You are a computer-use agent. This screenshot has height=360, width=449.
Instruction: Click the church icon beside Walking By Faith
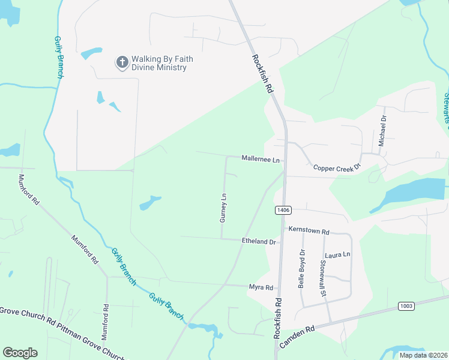122,62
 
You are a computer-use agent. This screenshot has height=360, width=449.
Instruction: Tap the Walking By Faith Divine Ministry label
159,63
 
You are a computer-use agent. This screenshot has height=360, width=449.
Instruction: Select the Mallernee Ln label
261,160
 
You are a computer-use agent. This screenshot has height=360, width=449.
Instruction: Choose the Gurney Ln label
223,208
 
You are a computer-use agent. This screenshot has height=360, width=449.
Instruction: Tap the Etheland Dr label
258,242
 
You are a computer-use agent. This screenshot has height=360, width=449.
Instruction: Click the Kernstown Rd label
309,231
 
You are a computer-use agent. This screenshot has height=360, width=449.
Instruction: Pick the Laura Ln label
337,255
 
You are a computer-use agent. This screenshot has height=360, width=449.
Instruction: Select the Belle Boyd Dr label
302,269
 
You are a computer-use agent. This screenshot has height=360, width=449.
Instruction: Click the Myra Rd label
261,288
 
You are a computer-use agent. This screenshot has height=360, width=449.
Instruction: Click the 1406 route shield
283,210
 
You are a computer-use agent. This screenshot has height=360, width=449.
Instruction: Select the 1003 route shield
406,306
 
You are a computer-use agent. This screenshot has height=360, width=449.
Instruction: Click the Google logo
20,353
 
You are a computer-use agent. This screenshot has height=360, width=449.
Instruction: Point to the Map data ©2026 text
423,355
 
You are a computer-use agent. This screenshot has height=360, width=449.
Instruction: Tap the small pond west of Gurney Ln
150,203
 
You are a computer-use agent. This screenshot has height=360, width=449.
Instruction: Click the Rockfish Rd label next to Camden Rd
278,318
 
